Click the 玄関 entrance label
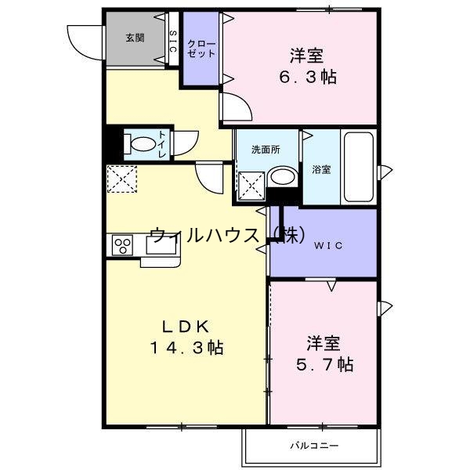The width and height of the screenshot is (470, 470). [x=134, y=36]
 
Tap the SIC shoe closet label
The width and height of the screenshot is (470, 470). [x=173, y=40]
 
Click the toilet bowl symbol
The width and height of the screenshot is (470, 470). [x=142, y=144]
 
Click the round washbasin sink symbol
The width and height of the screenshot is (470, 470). [x=280, y=179]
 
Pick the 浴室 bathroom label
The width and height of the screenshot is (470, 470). [x=321, y=169]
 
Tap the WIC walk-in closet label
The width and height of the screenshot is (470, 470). [x=329, y=244]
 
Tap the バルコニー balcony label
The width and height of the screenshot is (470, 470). [x=313, y=446]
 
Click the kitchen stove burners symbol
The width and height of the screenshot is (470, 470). [x=122, y=245]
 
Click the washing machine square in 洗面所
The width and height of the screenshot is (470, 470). [x=250, y=186]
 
